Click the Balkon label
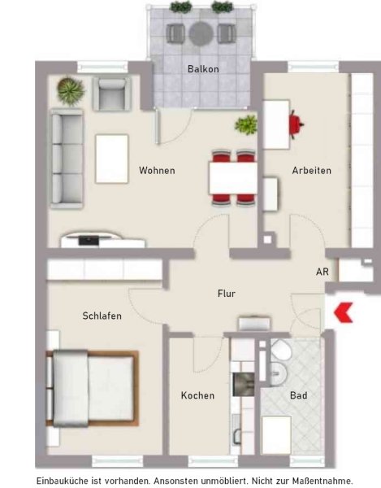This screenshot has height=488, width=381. coord(203,69)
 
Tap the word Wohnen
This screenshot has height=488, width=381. coord(157,171)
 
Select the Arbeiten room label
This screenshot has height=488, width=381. coord(311,171)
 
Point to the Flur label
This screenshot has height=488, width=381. coord(227,294)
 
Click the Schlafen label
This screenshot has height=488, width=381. coord(102,316)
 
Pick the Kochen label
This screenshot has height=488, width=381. coord(197,395)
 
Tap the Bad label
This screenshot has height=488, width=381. coord(299,395)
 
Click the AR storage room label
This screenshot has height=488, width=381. coord(323,272)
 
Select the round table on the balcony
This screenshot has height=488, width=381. coord(201,33)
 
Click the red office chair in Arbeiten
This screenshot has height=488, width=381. coord(296,124)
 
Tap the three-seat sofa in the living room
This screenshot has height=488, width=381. coord(67,159)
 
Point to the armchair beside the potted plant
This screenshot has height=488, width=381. coord(112,94)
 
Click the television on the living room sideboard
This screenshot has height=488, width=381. coord(89,240)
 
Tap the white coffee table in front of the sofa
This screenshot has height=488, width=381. coord(112,159)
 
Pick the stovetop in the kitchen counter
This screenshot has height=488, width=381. coord(244,385)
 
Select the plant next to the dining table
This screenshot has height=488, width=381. coord(246,125)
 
